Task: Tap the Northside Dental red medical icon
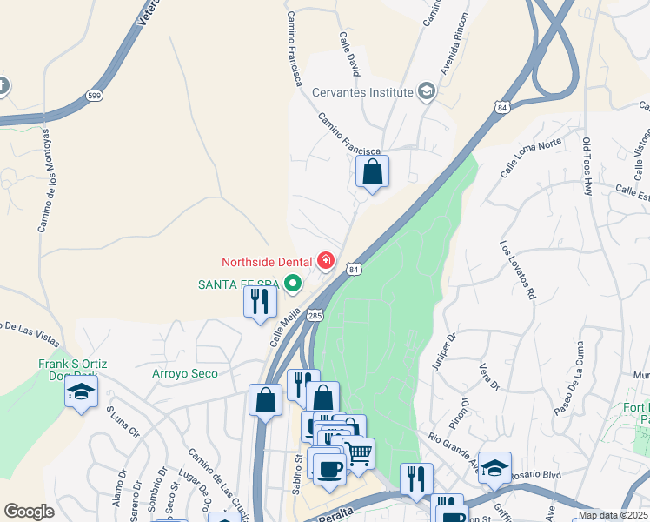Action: click(x=327, y=260)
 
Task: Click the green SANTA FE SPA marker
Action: click(x=294, y=284)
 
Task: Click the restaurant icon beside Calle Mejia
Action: click(x=260, y=302)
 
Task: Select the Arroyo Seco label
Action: click(x=184, y=373)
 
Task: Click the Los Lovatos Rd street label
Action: click(x=516, y=270)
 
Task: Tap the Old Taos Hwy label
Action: click(x=587, y=164)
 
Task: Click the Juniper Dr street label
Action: click(x=442, y=351)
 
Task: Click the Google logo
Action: click(x=29, y=512)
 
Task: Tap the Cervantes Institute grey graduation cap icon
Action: click(x=426, y=90)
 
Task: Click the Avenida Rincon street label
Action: click(x=454, y=43)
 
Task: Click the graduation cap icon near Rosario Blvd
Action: click(x=494, y=466)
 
